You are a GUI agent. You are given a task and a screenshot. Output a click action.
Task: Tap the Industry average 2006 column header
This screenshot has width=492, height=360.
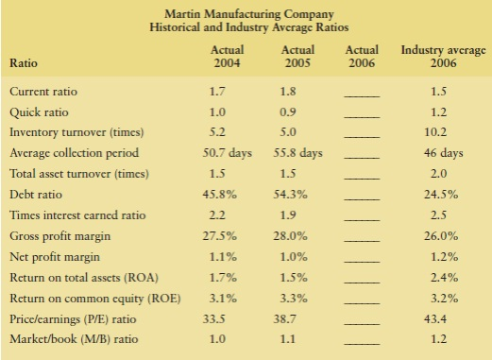click(x=436, y=56)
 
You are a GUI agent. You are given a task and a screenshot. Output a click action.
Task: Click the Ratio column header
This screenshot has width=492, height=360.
click(x=24, y=63)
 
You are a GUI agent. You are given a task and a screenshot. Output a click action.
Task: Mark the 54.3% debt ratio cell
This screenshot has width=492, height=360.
click(x=298, y=195)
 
